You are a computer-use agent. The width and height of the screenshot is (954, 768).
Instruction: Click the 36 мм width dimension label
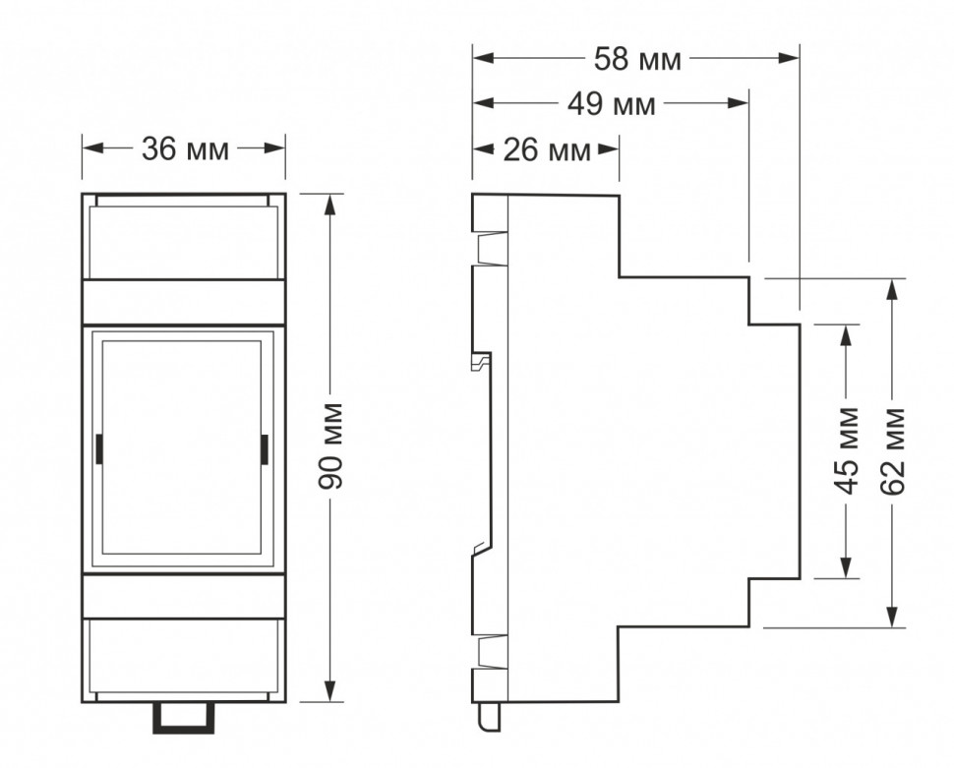click(x=184, y=149)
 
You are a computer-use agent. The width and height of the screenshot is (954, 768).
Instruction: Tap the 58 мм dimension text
click(x=636, y=59)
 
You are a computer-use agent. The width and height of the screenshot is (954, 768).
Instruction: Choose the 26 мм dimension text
click(x=547, y=150)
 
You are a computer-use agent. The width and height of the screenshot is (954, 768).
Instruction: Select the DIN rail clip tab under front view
click(x=183, y=718)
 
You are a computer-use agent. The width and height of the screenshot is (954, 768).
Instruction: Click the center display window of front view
click(x=182, y=447)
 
